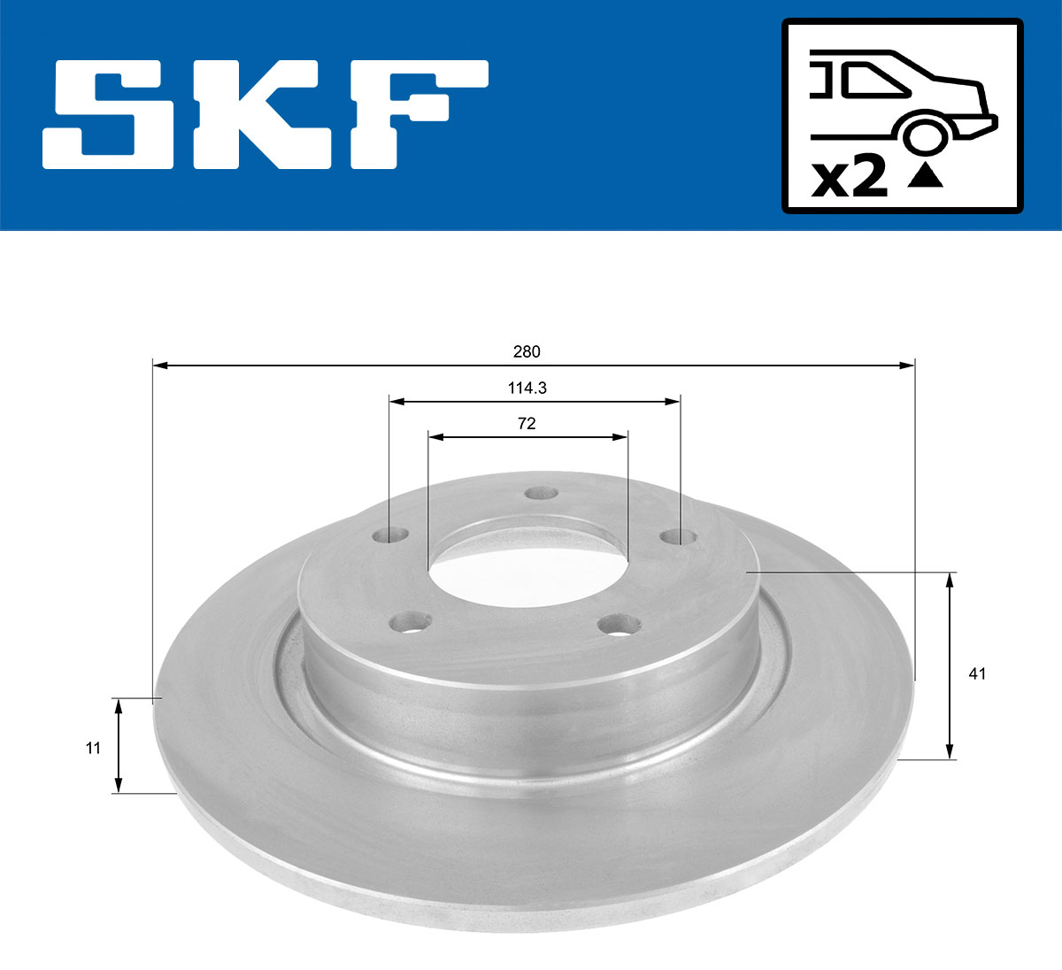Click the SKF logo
(265, 115)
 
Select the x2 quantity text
(850, 179)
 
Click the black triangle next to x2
(926, 177)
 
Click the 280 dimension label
(527, 351)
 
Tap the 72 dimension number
(527, 423)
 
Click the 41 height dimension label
(977, 674)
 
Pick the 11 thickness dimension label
(92, 748)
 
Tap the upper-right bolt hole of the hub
(679, 536)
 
